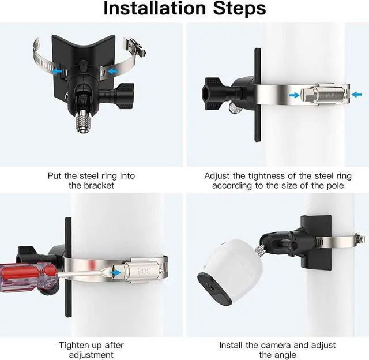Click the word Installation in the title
(155, 9)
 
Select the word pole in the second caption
(335, 186)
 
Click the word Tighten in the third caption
(74, 345)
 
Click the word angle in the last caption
(285, 355)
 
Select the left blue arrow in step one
(58, 71)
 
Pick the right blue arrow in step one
(112, 70)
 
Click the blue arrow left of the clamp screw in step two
(294, 95)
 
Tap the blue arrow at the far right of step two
(356, 95)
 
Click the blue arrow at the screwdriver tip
(115, 272)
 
